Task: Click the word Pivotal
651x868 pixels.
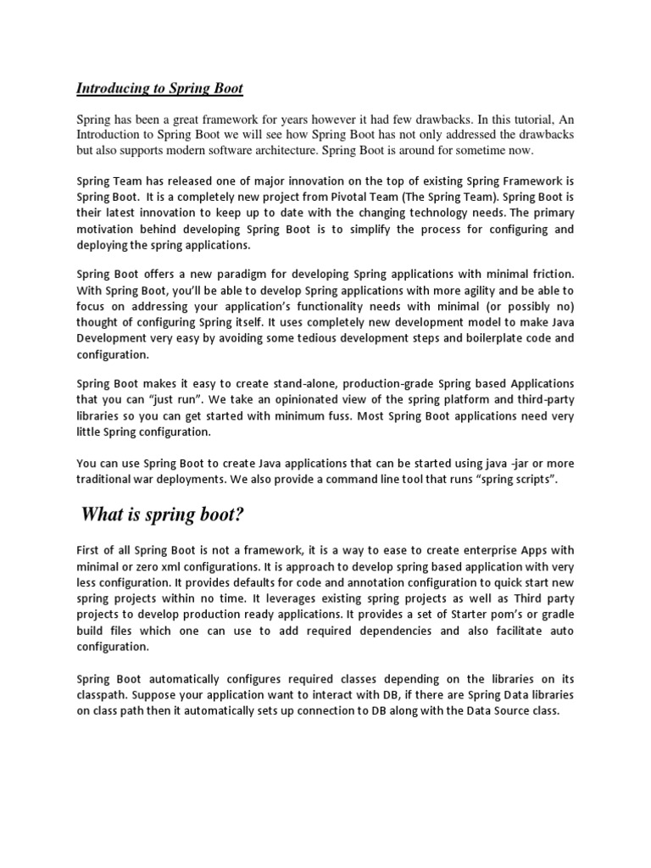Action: (x=369, y=198)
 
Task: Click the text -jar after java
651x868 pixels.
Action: (x=504, y=463)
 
